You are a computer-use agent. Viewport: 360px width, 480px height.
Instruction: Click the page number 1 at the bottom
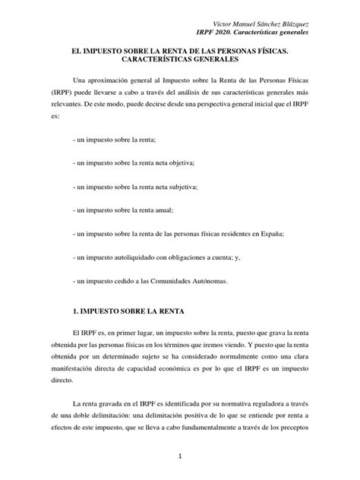click(181, 456)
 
